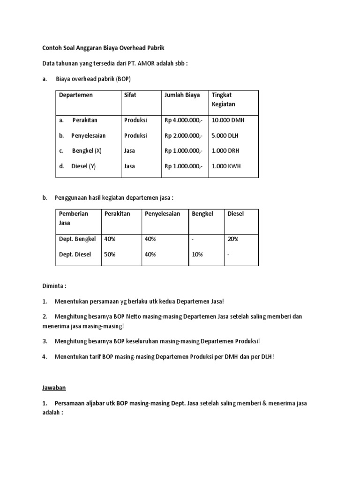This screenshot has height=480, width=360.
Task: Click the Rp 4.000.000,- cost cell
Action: (183, 120)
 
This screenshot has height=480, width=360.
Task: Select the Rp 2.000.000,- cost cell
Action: (183, 135)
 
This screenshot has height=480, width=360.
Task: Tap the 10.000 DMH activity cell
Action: (228, 120)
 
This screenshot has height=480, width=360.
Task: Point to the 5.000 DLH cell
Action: (225, 135)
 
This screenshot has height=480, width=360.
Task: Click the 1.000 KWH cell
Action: (226, 166)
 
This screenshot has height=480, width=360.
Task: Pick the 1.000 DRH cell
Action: (225, 151)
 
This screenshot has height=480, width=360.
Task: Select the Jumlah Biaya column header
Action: (182, 95)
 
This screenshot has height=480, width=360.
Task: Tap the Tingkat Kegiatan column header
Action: (224, 99)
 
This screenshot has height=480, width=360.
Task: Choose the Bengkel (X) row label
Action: (86, 151)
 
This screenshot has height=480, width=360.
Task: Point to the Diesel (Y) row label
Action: (83, 166)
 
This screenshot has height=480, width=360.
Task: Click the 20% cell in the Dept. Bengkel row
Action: (232, 239)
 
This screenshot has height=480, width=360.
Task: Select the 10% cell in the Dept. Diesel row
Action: (198, 255)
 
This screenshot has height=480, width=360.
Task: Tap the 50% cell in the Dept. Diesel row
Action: (110, 255)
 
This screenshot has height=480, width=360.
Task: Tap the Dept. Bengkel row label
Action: (77, 239)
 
